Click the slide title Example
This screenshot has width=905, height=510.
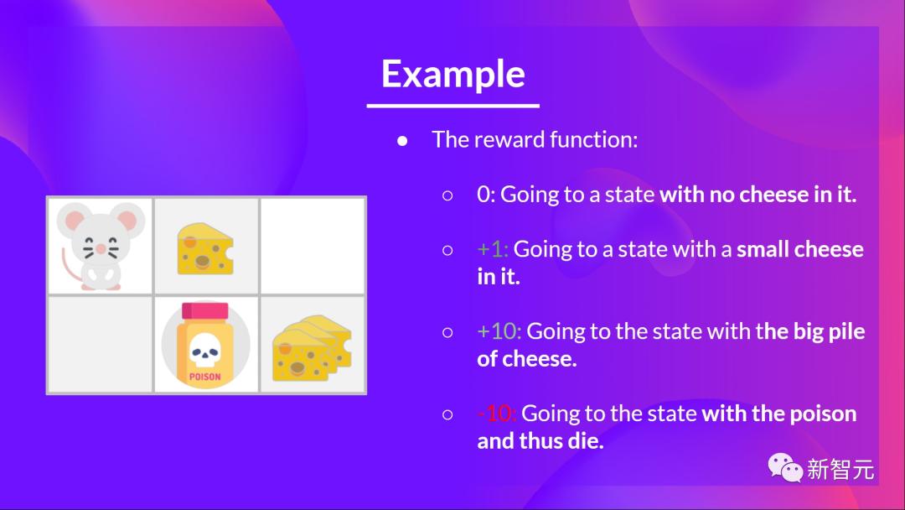[x=453, y=75]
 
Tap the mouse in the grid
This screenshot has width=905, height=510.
[x=100, y=246]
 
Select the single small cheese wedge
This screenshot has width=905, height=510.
[x=205, y=249]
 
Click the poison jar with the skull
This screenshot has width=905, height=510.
[x=205, y=345]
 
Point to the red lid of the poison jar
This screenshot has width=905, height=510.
[x=205, y=311]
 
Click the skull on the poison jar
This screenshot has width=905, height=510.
[x=205, y=351]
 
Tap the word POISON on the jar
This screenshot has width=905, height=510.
[x=205, y=377]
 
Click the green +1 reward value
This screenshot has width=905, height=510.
[x=493, y=249]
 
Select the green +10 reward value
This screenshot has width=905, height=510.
[x=499, y=331]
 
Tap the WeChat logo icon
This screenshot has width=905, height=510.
[x=785, y=468]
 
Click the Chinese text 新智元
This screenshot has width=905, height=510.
[x=840, y=470]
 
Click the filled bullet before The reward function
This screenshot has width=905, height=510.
[x=402, y=141]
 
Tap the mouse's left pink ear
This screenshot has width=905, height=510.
[x=74, y=221]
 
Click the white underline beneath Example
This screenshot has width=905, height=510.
[x=453, y=106]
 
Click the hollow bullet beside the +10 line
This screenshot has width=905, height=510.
[x=447, y=333]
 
